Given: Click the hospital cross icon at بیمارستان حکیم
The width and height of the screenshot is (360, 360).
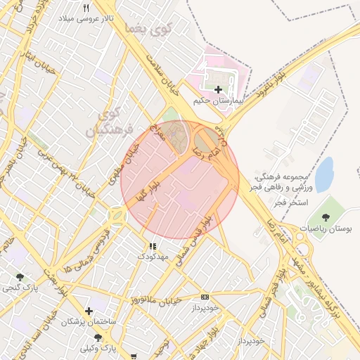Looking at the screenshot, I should coord(218,89).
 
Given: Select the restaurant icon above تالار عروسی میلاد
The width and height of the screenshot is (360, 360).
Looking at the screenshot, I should coord(86,8).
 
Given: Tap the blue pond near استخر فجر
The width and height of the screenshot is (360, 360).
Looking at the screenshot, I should coord(323,174).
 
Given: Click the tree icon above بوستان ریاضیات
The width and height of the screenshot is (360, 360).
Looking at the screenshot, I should coord(325,217).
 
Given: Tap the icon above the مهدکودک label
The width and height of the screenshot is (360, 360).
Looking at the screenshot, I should coord(153,247).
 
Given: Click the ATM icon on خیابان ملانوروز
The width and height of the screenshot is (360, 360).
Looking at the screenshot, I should coord(205,297).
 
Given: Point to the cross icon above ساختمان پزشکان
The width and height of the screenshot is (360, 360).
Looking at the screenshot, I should coord(89,310).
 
